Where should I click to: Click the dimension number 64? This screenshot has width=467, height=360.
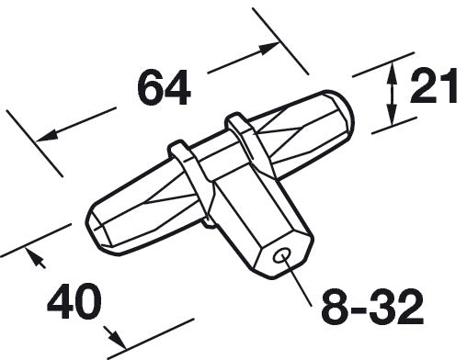(164, 87)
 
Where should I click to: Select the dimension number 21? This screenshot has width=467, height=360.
(434, 85)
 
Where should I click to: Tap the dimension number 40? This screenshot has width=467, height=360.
(74, 301)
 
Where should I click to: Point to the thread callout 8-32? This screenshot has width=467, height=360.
(372, 308)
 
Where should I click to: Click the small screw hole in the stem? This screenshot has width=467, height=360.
(282, 254)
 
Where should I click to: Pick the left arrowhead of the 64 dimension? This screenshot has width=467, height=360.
(47, 136)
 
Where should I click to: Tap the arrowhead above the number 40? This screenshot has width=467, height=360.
(35, 258)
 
